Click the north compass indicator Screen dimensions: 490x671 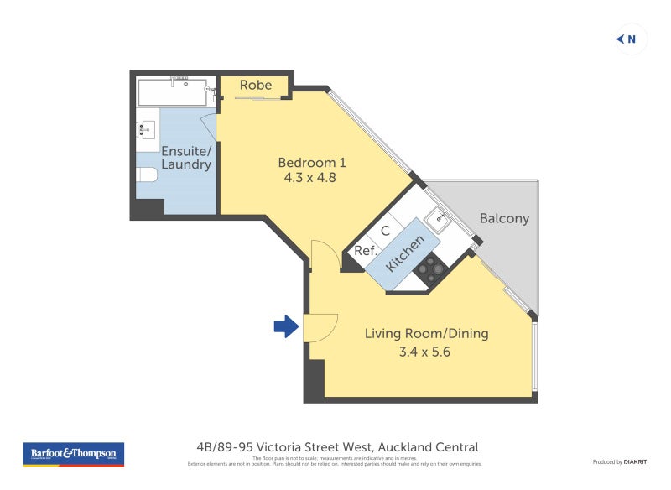click(627, 39)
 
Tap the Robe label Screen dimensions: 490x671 click(256, 86)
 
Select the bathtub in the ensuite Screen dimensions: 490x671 click(172, 92)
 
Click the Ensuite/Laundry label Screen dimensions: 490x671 click(186, 158)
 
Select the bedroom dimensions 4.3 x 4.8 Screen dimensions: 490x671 click(311, 178)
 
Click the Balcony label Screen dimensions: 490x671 click(504, 218)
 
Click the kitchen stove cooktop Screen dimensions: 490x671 click(431, 268)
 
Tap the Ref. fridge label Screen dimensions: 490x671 click(364, 250)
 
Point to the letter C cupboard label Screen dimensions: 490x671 click(386, 231)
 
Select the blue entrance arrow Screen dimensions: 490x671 click(286, 326)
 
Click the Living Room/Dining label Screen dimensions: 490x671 click(426, 334)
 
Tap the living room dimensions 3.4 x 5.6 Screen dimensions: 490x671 click(426, 352)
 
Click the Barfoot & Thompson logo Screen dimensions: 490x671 click(74, 454)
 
